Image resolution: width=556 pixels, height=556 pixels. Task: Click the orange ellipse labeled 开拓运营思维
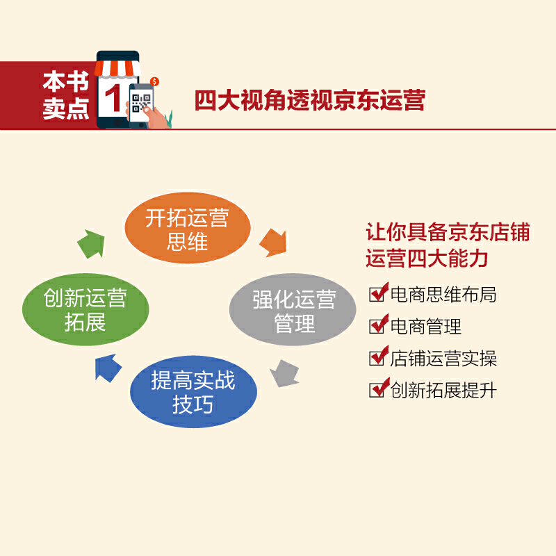click(x=188, y=228)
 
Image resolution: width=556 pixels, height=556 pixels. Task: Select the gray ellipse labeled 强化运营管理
click(x=293, y=309)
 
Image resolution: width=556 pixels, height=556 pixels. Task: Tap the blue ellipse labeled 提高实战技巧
click(x=193, y=392)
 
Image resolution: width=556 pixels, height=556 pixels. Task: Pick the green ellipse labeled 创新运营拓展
click(x=85, y=309)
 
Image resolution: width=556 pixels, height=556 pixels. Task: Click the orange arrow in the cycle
click(x=273, y=243)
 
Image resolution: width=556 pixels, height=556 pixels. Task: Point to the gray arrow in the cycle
click(x=285, y=373)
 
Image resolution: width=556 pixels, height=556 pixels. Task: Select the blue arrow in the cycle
click(x=108, y=368)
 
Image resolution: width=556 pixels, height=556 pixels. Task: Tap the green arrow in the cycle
click(x=92, y=244)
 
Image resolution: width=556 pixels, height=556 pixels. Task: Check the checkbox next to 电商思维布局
click(x=378, y=293)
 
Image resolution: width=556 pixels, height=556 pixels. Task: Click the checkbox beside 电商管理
click(x=378, y=324)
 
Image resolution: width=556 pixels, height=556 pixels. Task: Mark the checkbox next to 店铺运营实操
click(x=378, y=356)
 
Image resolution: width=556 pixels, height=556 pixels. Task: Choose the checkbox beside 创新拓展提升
click(x=378, y=388)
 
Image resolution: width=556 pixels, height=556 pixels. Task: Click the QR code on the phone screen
click(x=141, y=103)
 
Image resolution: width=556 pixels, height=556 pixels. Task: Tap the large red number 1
click(x=113, y=98)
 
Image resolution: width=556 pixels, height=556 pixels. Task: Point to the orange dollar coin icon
click(x=154, y=81)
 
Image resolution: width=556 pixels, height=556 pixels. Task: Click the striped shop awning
click(x=117, y=69)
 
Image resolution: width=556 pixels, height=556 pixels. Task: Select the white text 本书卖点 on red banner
click(x=66, y=95)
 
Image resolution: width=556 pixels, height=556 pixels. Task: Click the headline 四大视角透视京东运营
click(x=310, y=100)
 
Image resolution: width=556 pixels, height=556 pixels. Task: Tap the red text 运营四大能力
click(x=427, y=258)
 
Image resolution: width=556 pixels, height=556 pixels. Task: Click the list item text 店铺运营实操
click(x=443, y=359)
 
